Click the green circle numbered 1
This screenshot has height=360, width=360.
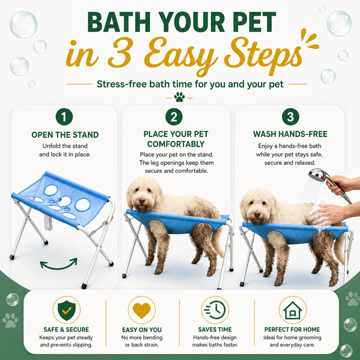(64, 117)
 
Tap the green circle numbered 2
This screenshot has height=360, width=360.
(174, 117)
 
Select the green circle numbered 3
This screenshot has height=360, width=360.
(290, 117)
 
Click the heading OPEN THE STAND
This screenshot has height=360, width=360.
(65, 135)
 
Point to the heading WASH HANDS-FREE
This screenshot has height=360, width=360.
(290, 134)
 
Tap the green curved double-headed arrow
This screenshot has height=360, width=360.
(59, 265)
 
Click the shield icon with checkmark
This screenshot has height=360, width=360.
(67, 311)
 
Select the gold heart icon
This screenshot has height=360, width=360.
(142, 311)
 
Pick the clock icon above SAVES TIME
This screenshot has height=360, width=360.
(215, 310)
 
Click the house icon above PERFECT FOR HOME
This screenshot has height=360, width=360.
(292, 311)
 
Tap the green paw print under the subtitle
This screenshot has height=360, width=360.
(179, 97)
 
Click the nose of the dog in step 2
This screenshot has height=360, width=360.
(142, 200)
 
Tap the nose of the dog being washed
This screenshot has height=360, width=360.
(257, 215)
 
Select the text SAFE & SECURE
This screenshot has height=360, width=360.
(66, 330)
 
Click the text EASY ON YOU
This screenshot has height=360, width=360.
(142, 330)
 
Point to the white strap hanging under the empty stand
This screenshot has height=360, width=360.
(48, 222)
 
